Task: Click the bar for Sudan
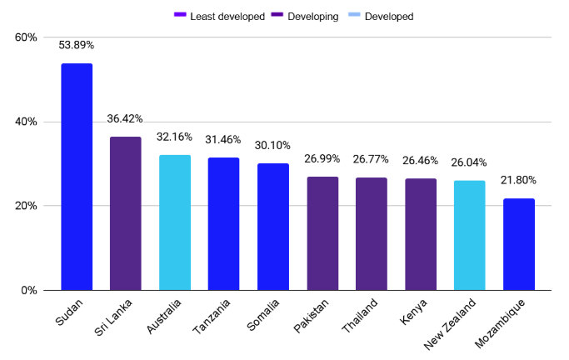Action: [77, 177]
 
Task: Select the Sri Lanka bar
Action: [126, 213]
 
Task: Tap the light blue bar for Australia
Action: [175, 222]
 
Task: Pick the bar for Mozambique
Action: [519, 244]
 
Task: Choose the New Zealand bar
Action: [470, 235]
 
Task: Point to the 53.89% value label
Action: [77, 45]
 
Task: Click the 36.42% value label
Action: [126, 119]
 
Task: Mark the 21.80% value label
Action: [519, 180]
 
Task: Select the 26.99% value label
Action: [322, 158]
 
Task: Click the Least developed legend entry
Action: [223, 16]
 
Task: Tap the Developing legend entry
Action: [312, 16]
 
